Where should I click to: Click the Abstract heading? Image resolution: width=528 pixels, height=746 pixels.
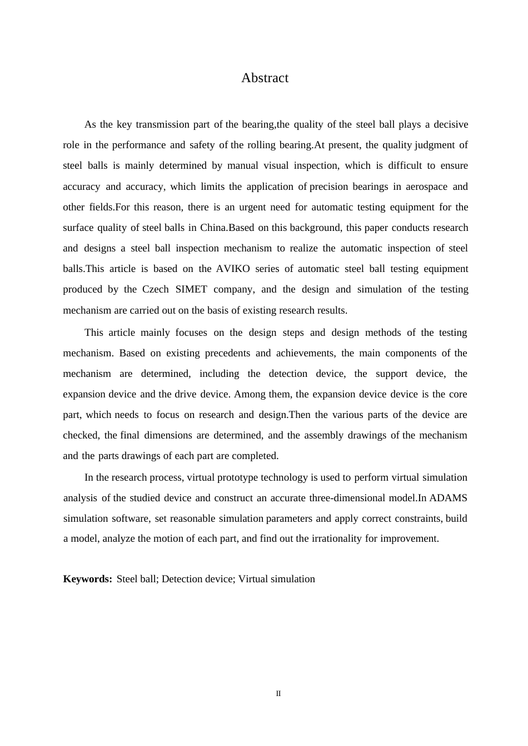click(265, 78)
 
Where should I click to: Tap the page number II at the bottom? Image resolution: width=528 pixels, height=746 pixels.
click(278, 694)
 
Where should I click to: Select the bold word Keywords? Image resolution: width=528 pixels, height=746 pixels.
click(88, 579)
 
